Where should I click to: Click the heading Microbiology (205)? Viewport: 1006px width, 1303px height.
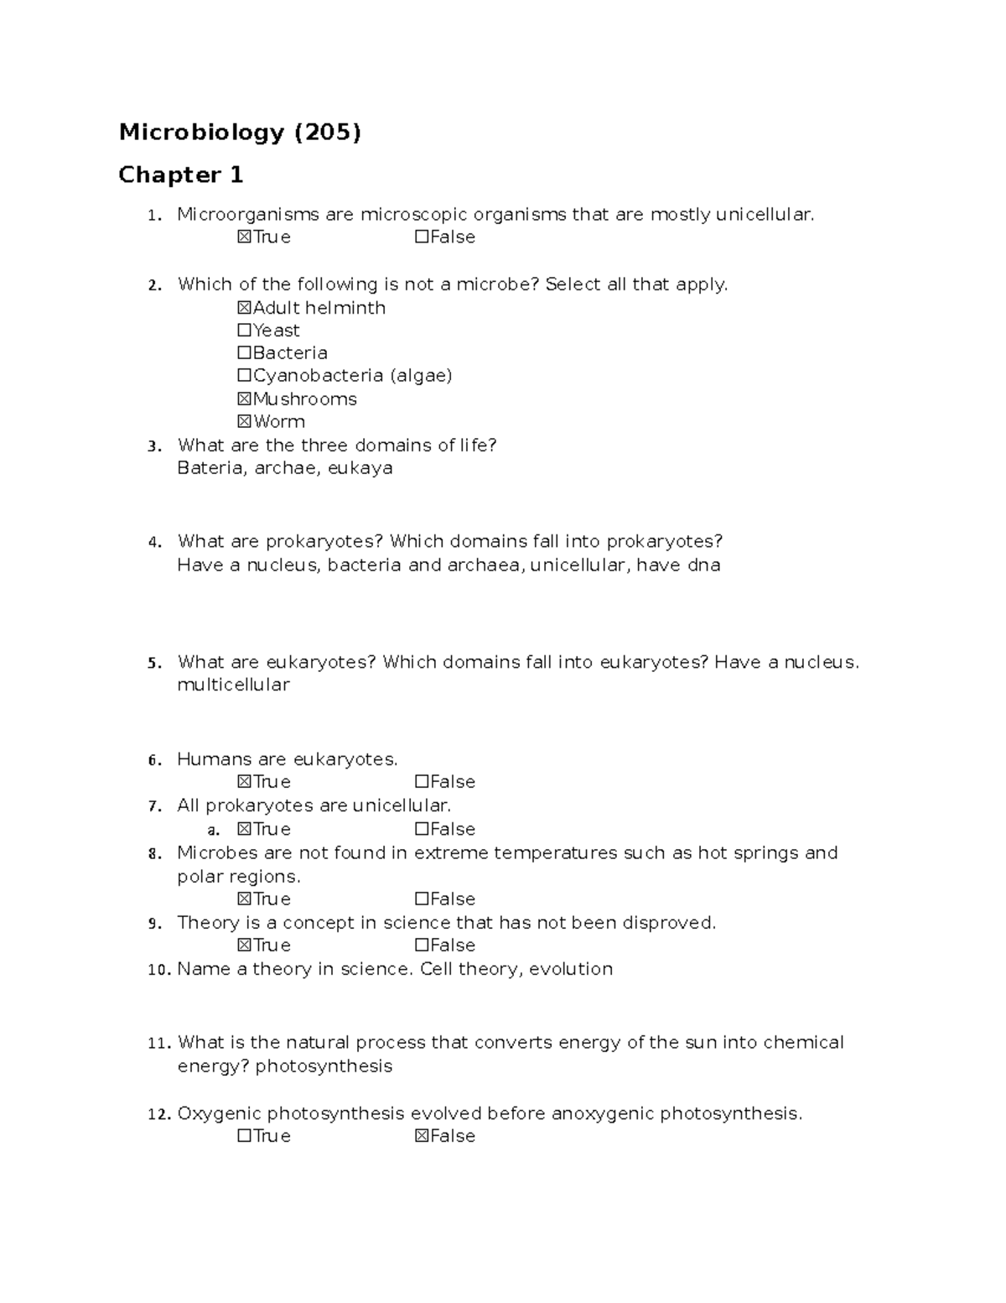pyautogui.click(x=240, y=133)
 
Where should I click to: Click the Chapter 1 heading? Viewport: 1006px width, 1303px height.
pyautogui.click(x=180, y=175)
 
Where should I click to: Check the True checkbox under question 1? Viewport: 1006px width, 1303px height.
pyautogui.click(x=245, y=237)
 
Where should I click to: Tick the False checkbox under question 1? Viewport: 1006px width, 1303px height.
pyautogui.click(x=422, y=237)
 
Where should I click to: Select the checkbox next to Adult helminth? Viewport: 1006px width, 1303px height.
pyautogui.click(x=245, y=308)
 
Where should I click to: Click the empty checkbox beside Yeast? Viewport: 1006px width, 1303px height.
pyautogui.click(x=245, y=331)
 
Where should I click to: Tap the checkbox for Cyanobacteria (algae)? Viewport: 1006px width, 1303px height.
pyautogui.click(x=245, y=376)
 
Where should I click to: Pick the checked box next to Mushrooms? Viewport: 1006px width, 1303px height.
pyautogui.click(x=245, y=399)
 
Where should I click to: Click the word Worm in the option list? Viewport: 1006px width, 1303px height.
pyautogui.click(x=279, y=422)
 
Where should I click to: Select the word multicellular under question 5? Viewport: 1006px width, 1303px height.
pyautogui.click(x=233, y=685)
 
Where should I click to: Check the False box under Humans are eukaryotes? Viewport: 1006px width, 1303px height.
pyautogui.click(x=422, y=782)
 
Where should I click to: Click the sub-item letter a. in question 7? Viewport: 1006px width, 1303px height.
pyautogui.click(x=213, y=830)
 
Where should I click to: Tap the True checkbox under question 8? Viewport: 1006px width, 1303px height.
pyautogui.click(x=245, y=899)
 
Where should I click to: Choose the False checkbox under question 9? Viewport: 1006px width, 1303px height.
pyautogui.click(x=422, y=946)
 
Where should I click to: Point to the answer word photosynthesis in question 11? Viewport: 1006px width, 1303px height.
pyautogui.click(x=324, y=1066)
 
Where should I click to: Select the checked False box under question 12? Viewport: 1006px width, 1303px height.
pyautogui.click(x=422, y=1136)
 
